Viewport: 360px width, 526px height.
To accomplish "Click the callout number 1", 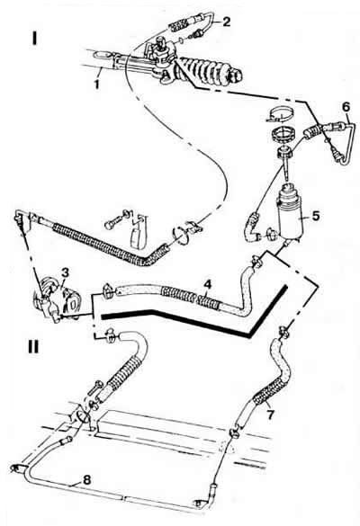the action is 96,84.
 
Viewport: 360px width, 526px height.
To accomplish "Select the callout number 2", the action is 227,22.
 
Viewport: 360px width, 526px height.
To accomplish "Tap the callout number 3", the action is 65,272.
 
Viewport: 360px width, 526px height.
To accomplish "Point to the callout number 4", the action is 208,285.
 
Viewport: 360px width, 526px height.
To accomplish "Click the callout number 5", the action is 316,216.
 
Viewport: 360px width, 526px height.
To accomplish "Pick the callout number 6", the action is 346,107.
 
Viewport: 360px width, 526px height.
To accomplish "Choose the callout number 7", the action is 270,415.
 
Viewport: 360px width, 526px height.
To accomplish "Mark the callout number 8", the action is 86,480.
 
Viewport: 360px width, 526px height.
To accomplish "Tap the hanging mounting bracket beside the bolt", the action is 138,231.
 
